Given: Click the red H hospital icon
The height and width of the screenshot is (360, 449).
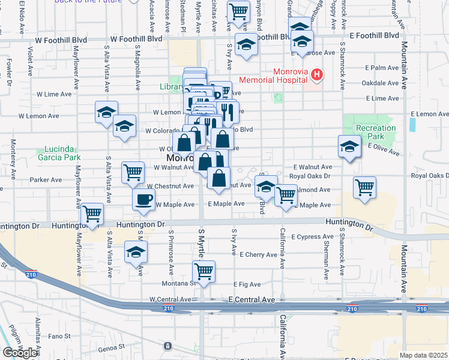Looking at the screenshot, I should [317, 74].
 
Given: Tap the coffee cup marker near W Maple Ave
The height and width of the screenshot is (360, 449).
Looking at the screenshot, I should [143, 200].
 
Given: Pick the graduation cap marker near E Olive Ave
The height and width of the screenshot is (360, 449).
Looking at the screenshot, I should [349, 146].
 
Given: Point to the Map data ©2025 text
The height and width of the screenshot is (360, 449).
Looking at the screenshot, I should [424, 355].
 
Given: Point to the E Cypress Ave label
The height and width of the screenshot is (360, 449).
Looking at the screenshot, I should [312, 237].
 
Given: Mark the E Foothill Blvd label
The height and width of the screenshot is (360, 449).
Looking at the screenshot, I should [374, 36].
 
